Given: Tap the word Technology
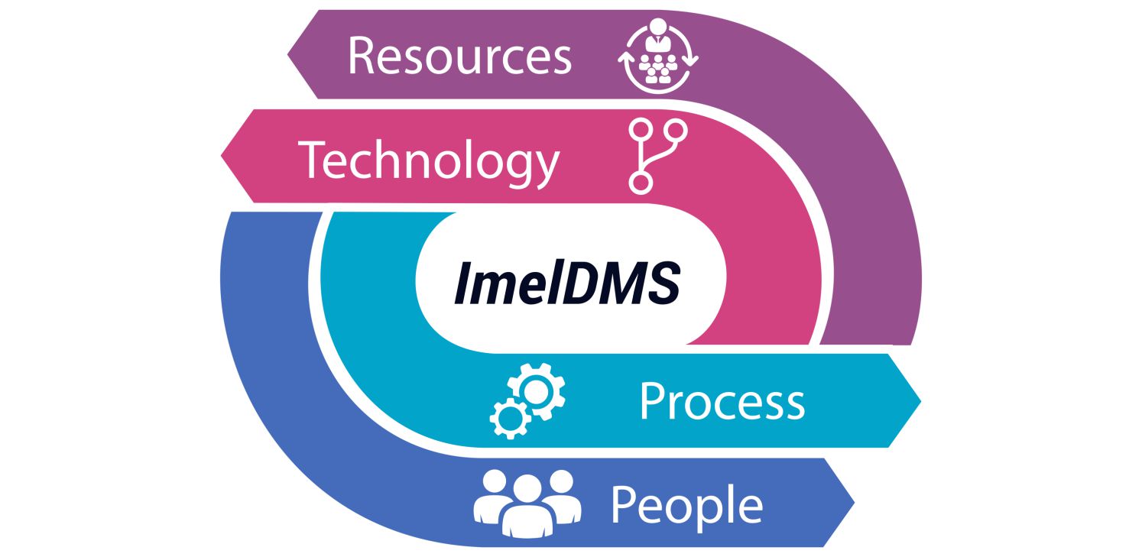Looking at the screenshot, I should click(429, 160).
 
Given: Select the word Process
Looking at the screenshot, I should click(722, 401).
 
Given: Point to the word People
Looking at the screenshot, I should click(686, 504).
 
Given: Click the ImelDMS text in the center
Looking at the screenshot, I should click(566, 283).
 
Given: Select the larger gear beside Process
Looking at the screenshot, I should click(537, 390).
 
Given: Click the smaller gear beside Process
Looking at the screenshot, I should click(509, 419).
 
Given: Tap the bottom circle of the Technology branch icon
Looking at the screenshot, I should click(639, 182).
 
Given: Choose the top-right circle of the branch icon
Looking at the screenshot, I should click(676, 129).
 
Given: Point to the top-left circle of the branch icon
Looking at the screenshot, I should click(639, 129).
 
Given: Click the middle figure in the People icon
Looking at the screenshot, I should click(527, 505).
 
